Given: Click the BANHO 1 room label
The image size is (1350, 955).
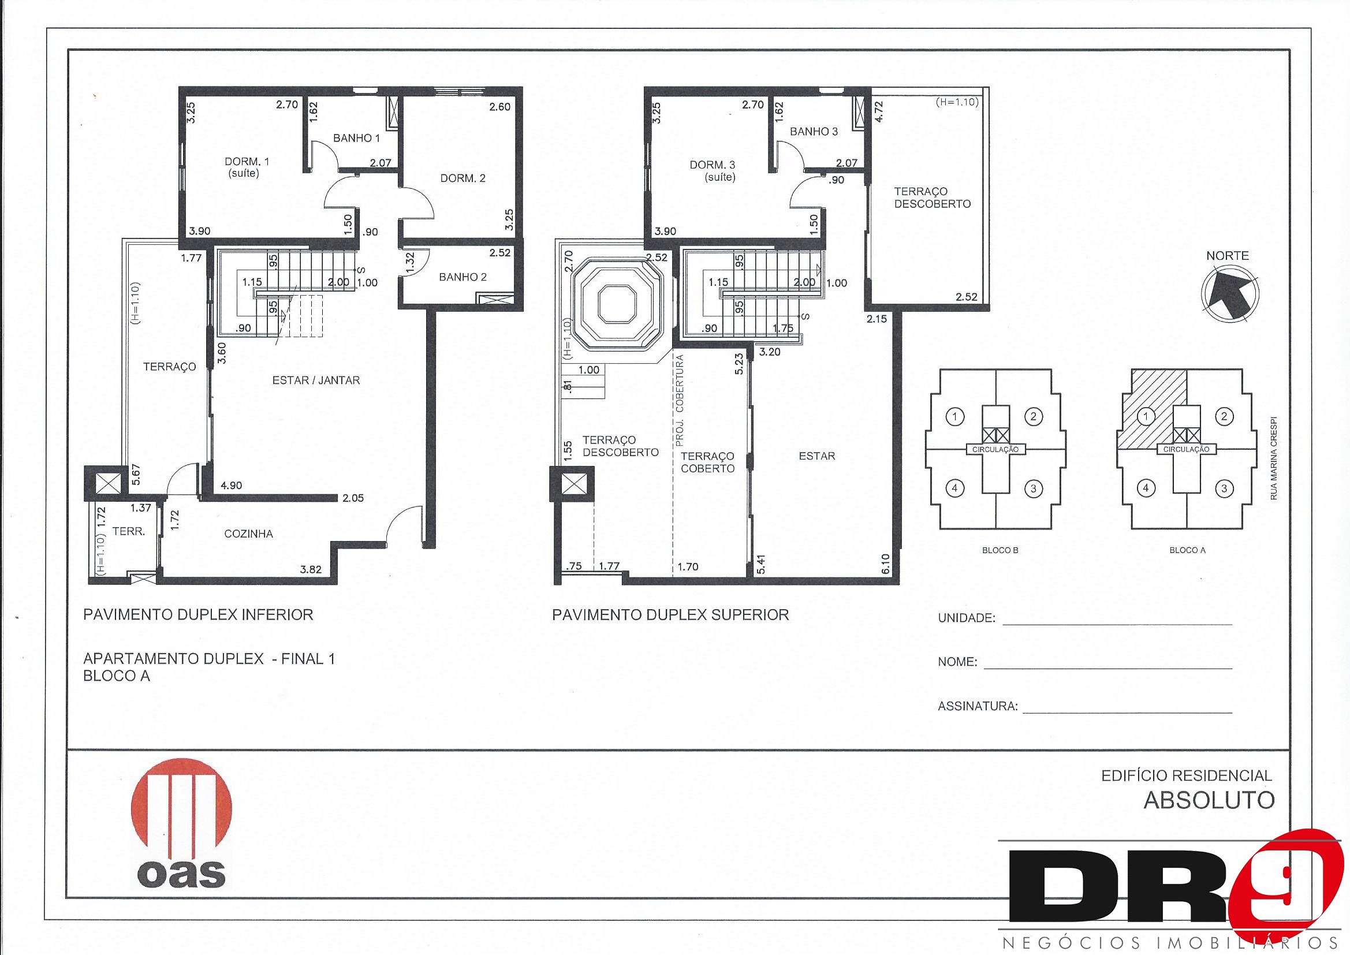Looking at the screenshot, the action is [x=356, y=138].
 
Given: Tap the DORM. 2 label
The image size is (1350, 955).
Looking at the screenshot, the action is [x=463, y=178].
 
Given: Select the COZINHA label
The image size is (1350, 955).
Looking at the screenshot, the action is [x=249, y=534].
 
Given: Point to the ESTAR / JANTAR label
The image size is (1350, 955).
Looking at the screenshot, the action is [x=316, y=380].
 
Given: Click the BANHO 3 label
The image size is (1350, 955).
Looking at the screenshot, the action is [x=814, y=132].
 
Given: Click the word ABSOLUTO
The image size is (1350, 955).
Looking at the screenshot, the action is [x=1209, y=800].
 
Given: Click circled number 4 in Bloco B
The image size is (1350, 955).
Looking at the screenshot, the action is [x=955, y=488].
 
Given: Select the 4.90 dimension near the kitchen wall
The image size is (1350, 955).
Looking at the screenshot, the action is [x=231, y=486].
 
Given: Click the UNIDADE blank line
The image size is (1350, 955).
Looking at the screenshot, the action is [x=1117, y=624].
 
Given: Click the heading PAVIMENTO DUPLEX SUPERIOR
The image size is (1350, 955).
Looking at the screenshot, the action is [x=670, y=615].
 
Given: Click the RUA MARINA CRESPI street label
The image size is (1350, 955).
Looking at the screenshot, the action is [x=1274, y=459].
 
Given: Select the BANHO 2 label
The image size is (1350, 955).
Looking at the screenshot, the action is [x=463, y=277].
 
